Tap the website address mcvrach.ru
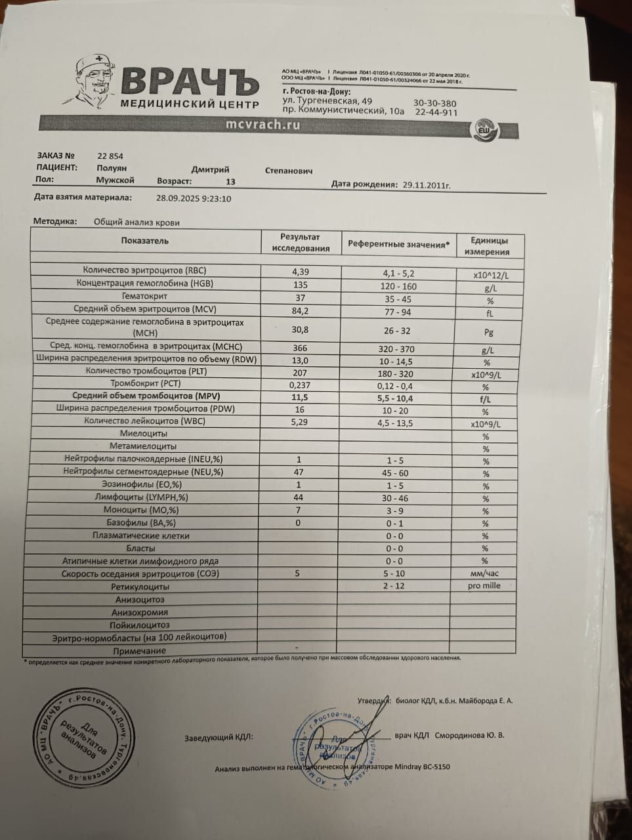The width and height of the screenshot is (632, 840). pos(263,125)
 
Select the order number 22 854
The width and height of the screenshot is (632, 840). pos(110,156)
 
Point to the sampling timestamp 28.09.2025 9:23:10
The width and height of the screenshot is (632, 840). pos(194,198)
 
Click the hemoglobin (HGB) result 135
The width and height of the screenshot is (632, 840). pos(300,284)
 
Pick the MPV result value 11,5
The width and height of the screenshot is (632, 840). pos(300,397)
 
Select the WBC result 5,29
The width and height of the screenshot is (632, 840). pos(300,422)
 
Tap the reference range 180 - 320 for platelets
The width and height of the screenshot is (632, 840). pos(396,374)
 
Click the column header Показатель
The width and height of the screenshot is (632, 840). pos(145,241)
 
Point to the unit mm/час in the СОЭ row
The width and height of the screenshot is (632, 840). pos(484,574)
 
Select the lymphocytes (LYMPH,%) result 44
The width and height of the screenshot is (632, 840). pos(299,497)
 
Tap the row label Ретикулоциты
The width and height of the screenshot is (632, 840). pos(140,587)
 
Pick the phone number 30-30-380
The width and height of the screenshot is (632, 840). pos(434,104)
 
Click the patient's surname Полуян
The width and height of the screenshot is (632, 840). pos(111,169)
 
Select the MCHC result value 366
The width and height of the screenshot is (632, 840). pos(300,348)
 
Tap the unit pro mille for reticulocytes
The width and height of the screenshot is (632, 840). pos(484,586)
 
